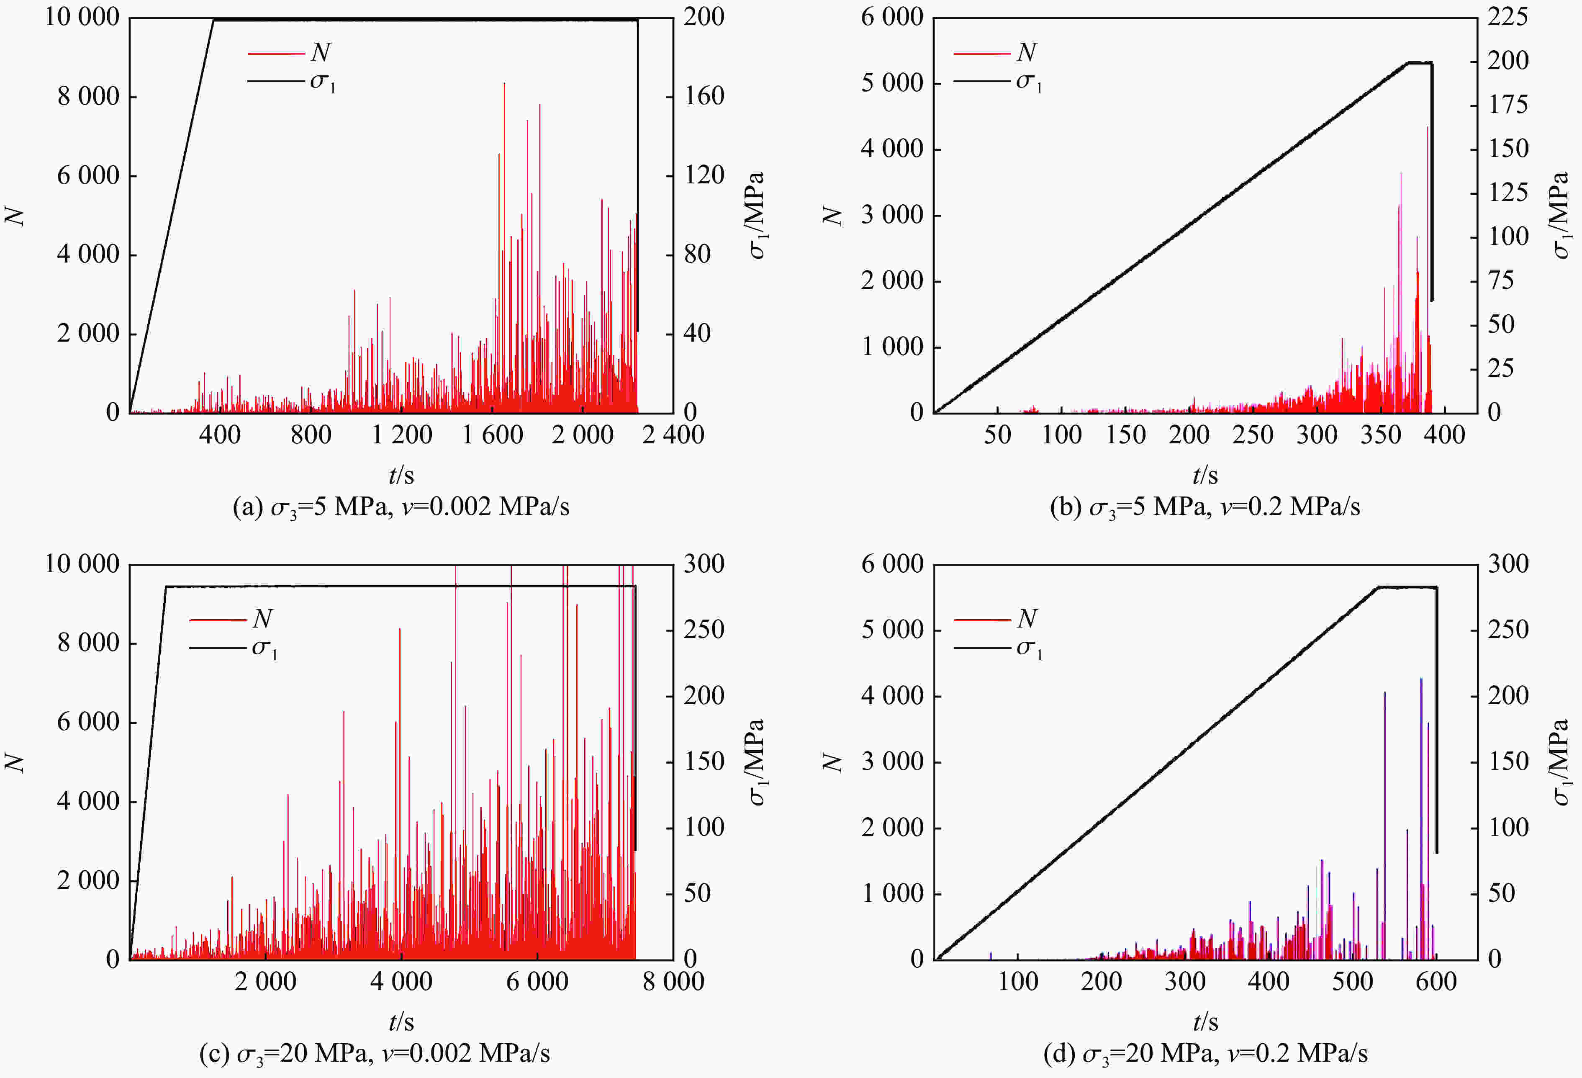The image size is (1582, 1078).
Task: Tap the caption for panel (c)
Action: [375, 1053]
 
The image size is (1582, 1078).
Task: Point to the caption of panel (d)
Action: [1205, 1053]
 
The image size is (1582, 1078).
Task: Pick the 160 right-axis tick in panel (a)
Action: [704, 96]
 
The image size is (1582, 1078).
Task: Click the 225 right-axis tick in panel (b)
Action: [1507, 17]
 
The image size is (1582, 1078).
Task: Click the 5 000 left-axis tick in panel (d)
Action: [892, 630]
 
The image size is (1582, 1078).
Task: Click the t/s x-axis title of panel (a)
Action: [401, 475]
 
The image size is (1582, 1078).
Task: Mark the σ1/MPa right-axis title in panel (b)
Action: [1561, 215]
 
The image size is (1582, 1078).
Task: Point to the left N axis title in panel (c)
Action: [15, 762]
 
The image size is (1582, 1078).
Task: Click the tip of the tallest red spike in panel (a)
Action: [504, 84]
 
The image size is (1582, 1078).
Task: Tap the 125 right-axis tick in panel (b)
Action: [1507, 193]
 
